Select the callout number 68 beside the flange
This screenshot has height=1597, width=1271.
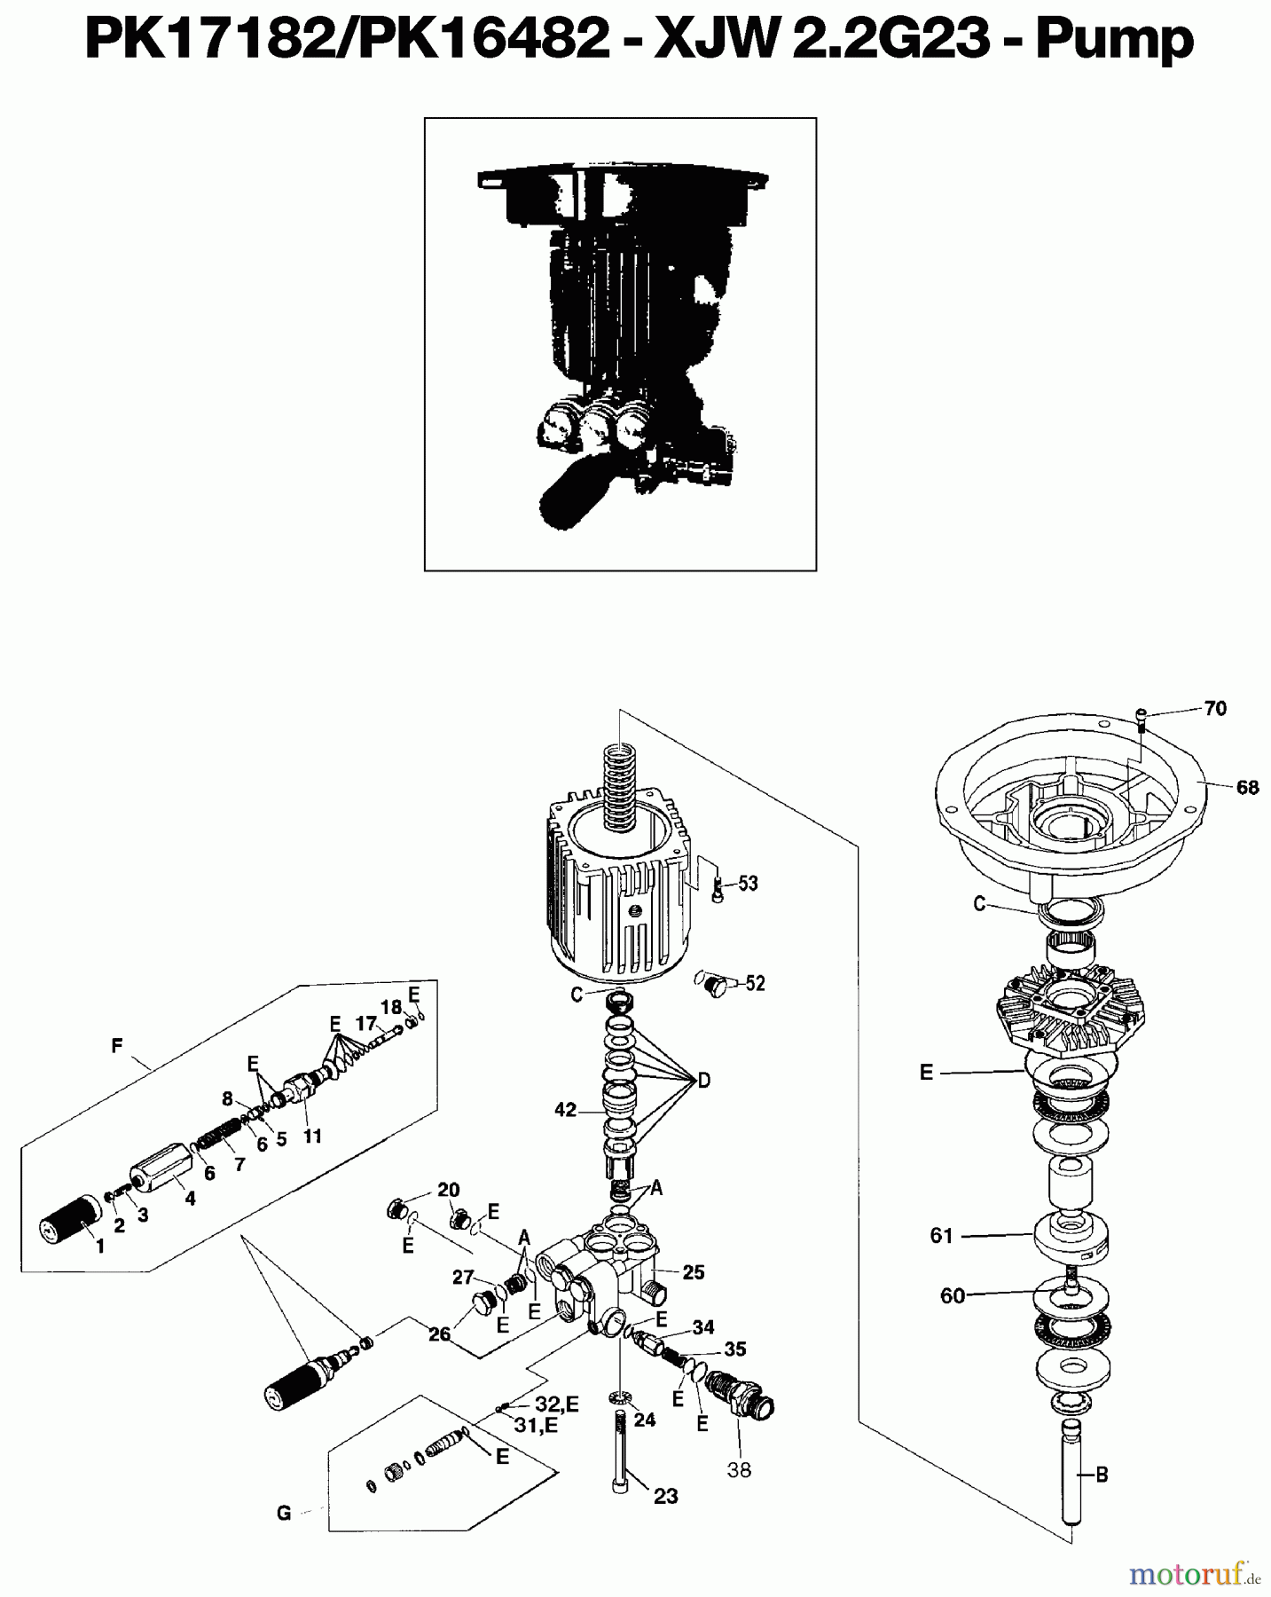1246,787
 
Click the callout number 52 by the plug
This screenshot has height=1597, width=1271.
755,983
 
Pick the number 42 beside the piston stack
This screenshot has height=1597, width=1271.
565,1110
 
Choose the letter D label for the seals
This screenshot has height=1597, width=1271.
703,1081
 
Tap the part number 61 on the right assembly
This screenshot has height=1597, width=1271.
941,1235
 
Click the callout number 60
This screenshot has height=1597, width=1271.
952,1296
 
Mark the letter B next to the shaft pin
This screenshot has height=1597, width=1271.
1102,1475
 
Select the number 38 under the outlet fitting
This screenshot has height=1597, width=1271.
739,1470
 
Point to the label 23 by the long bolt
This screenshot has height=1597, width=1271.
665,1497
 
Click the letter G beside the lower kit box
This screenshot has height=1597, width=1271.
284,1514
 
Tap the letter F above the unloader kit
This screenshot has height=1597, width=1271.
116,1047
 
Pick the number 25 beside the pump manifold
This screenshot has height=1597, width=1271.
693,1272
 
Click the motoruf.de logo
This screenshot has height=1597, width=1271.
1195,1574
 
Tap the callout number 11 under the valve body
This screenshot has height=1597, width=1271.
312,1137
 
